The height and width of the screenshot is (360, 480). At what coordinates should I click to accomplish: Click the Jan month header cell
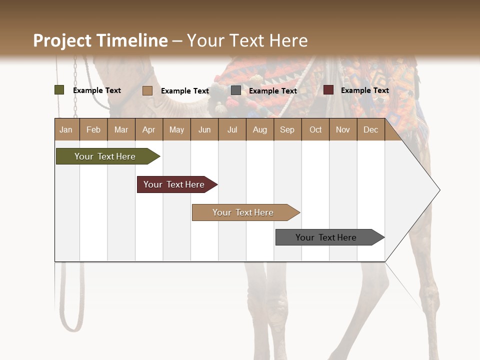pyautogui.click(x=66, y=129)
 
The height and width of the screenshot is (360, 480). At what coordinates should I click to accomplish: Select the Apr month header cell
pyautogui.click(x=149, y=129)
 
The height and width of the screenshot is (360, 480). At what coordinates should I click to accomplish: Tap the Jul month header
pyautogui.click(x=232, y=129)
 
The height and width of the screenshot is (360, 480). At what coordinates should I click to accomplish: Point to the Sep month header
pyautogui.click(x=287, y=129)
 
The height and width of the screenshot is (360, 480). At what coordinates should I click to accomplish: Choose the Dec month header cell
pyautogui.click(x=370, y=129)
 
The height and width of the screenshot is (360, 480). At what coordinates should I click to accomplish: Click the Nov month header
pyautogui.click(x=343, y=129)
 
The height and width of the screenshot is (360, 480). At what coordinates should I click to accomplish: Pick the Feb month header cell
pyautogui.click(x=93, y=129)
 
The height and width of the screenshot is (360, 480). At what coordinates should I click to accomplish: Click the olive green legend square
pyautogui.click(x=59, y=90)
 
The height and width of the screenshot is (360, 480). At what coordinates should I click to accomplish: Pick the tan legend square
pyautogui.click(x=147, y=90)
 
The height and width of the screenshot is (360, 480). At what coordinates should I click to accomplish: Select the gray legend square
pyautogui.click(x=236, y=90)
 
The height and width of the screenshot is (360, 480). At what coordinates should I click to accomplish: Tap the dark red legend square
pyautogui.click(x=328, y=90)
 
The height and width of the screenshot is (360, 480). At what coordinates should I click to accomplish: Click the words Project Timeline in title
pyautogui.click(x=100, y=40)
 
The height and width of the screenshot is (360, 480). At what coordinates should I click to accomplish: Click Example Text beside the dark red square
pyautogui.click(x=364, y=90)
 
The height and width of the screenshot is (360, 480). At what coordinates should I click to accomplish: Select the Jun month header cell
pyautogui.click(x=204, y=129)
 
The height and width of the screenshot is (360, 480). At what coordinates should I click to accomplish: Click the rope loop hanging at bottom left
pyautogui.click(x=72, y=320)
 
